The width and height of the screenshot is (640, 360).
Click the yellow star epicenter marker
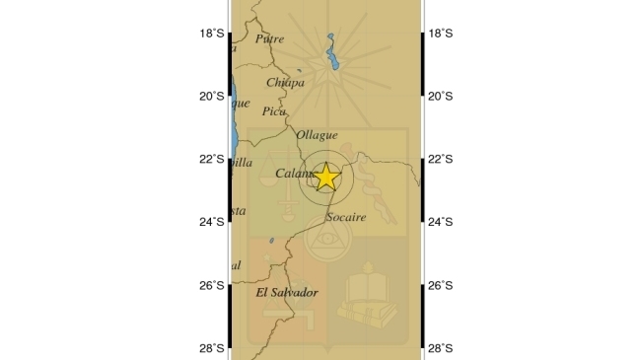click(325, 178)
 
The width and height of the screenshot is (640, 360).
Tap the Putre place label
click(269, 39)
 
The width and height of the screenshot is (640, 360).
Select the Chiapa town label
click(285, 83)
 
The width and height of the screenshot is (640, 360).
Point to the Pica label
click(274, 111)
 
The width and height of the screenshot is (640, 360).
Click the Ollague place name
click(317, 135)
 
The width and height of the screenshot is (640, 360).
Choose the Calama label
click(295, 174)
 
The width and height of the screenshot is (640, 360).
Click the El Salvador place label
click(287, 293)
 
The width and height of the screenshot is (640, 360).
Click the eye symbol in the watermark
click(326, 240)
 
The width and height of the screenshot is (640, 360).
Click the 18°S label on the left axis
click(211, 34)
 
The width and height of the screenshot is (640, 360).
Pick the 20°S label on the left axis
click(211, 97)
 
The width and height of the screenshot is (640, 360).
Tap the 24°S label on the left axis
click(211, 222)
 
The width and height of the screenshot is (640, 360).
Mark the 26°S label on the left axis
click(211, 286)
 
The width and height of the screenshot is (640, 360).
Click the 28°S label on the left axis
click(211, 348)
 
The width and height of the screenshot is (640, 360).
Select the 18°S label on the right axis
click(441, 34)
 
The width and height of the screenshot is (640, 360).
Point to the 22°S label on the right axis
click(441, 159)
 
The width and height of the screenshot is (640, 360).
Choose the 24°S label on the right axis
click(441, 222)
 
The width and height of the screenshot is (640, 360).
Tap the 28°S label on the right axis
click(441, 348)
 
